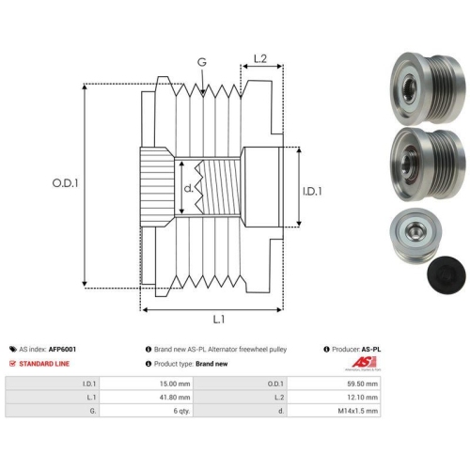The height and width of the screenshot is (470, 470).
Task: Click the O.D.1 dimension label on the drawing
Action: coord(65,183)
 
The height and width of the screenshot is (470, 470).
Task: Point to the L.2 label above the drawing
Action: coord(260,58)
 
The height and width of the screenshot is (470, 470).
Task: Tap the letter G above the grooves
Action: coord(202,62)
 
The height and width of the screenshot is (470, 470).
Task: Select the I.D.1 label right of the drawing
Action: coord(312,191)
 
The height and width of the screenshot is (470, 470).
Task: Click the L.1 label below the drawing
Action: coord(219,320)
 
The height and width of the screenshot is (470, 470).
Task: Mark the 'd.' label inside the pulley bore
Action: coord(188,188)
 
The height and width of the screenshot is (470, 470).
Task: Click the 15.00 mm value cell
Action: coord(146,384)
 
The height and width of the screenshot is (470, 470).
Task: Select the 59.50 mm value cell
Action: coord(334,384)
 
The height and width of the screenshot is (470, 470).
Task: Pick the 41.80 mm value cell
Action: coord(146,398)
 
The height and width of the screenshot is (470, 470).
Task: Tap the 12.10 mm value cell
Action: coord(334,398)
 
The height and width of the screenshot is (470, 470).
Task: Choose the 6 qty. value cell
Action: coord(146,411)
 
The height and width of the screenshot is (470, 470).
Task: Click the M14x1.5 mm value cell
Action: coord(334,411)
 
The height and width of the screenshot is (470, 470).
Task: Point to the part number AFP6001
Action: coord(62,349)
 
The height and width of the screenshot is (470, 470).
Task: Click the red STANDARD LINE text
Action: coord(44,364)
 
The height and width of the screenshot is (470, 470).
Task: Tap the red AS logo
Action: coord(364,363)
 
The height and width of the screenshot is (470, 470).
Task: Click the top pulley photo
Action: coord(428,87)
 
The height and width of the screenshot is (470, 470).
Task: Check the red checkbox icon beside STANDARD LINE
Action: coord(12,364)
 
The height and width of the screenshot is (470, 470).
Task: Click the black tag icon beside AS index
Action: coord(13,349)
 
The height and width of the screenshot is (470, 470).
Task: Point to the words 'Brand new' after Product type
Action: coord(211,364)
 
